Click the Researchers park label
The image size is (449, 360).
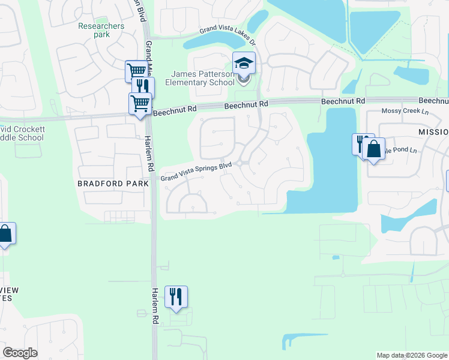[101, 30]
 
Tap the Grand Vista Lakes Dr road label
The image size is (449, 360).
[228, 36]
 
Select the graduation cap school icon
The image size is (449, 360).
[244, 63]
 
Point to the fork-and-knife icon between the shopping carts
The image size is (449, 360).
[143, 87]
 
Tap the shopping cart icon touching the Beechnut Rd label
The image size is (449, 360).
[140, 103]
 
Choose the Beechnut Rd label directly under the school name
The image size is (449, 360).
[246, 105]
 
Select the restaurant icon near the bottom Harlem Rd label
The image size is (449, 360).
[176, 296]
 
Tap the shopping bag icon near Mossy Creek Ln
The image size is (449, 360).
[373, 148]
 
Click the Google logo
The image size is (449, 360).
[20, 353]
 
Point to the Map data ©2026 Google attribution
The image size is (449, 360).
[411, 355]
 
